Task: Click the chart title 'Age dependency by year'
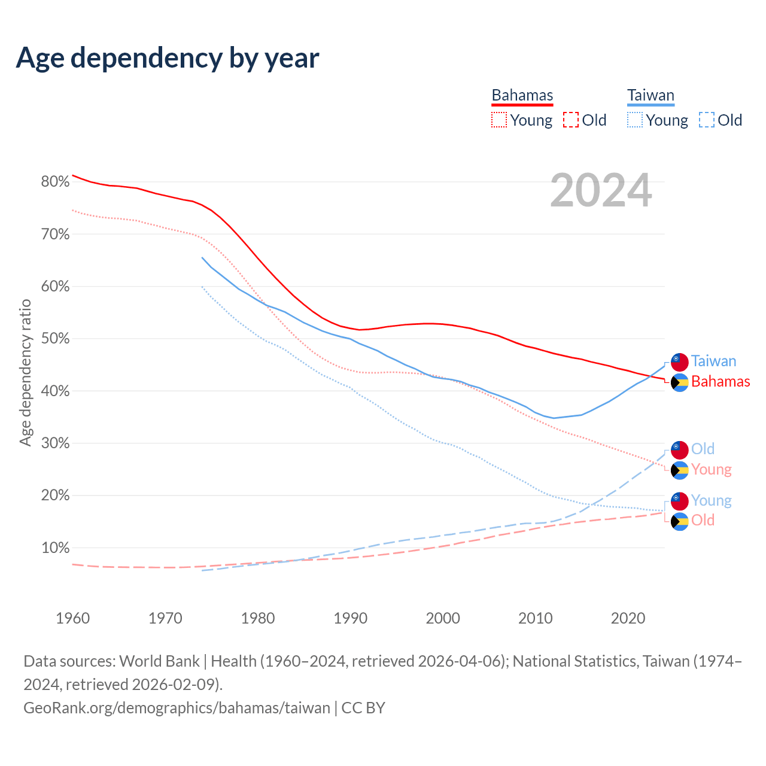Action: (168, 58)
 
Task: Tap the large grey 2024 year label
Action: (601, 190)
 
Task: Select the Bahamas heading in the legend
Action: (522, 95)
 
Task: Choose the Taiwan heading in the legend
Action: (651, 95)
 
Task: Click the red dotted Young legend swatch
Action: (498, 120)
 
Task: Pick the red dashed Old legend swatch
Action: (571, 120)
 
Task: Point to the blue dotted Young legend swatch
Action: (634, 120)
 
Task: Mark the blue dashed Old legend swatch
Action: (707, 120)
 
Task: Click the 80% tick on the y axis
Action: (55, 182)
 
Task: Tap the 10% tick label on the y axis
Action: (55, 548)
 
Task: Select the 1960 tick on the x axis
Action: (72, 618)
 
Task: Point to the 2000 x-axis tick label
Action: (443, 618)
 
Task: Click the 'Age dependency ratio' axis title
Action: (25, 372)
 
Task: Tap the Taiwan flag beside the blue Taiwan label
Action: (679, 361)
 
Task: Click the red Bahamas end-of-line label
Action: (720, 382)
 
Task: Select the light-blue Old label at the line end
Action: (703, 449)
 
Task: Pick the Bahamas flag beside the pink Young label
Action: (679, 470)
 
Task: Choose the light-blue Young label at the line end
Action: (711, 500)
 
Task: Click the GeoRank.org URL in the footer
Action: (177, 708)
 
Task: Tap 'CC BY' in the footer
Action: (363, 708)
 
